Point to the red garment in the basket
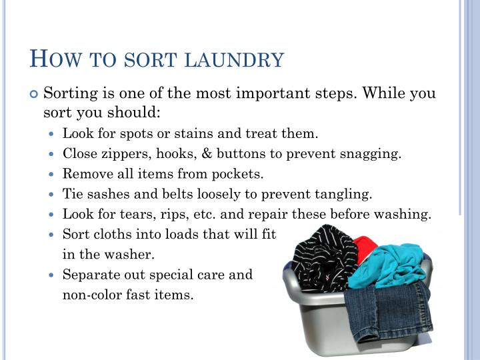coord(365,244)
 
